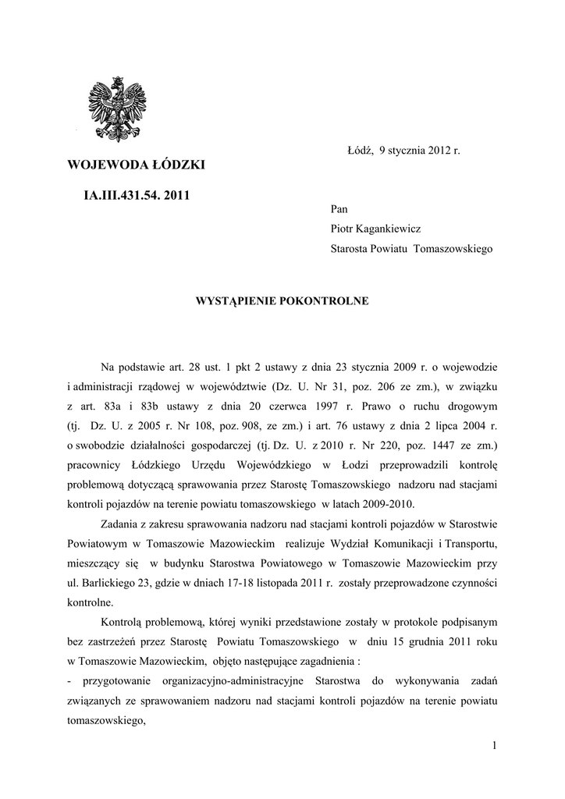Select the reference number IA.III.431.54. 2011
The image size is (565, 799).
click(137, 195)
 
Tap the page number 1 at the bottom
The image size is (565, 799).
click(495, 747)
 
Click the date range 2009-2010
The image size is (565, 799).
click(389, 503)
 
